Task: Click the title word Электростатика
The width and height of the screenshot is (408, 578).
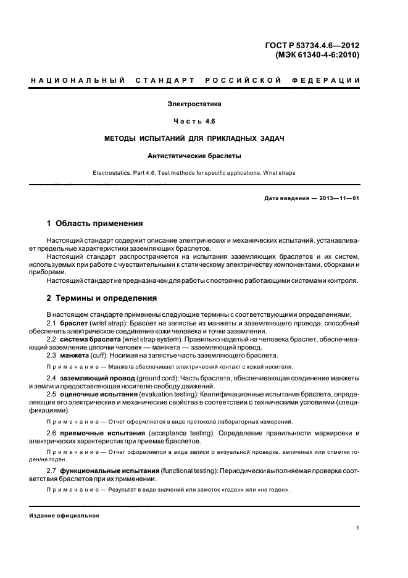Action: point(194,105)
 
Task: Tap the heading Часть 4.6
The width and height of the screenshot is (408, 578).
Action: point(194,122)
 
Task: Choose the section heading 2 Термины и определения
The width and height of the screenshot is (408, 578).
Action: point(102,298)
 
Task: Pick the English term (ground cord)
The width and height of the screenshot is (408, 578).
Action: point(147,377)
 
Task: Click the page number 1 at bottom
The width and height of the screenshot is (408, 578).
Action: point(358,528)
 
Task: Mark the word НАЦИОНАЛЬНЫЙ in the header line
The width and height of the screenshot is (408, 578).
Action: point(78,81)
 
